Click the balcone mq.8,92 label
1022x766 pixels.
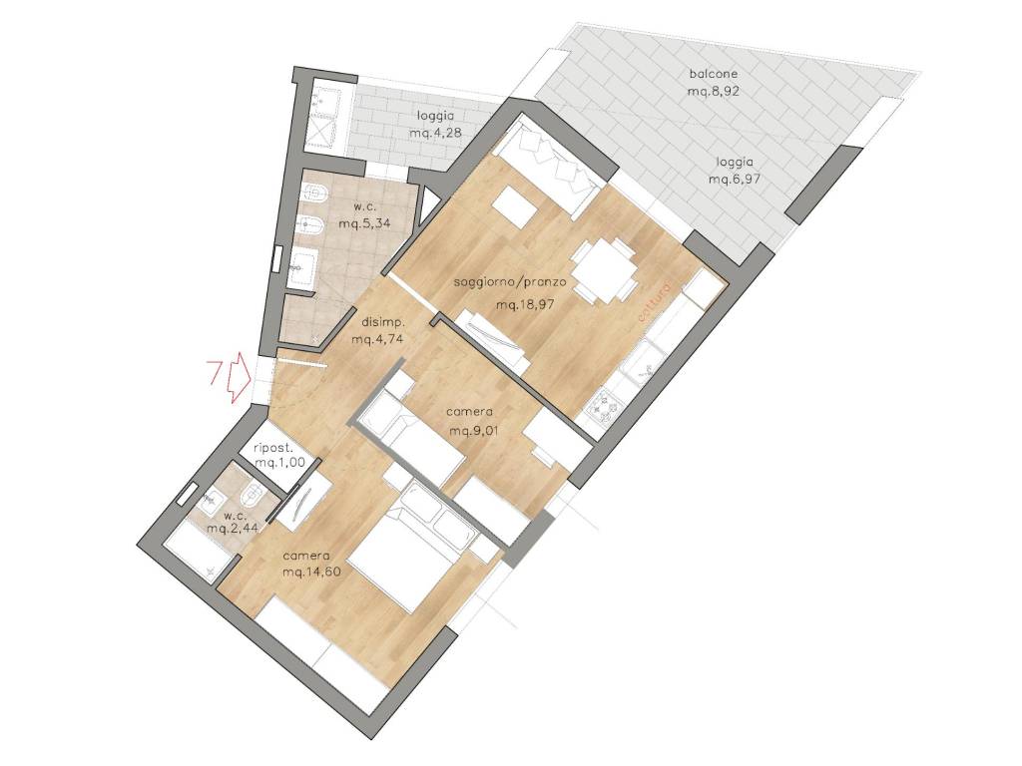pos(713,83)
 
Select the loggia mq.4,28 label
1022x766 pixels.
pos(435,125)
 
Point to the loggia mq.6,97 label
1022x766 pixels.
pos(736,171)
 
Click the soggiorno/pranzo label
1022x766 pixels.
pos(510,282)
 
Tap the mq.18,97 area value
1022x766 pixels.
pos(525,304)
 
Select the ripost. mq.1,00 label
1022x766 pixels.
pos(272,455)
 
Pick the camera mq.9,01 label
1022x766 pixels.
pos(470,422)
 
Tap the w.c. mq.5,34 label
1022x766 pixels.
pos(364,215)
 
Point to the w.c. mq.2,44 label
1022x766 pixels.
pos(230,522)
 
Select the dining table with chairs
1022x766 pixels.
pos(604,268)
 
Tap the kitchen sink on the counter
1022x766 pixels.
pos(641,366)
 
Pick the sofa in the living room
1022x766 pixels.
pos(548,165)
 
